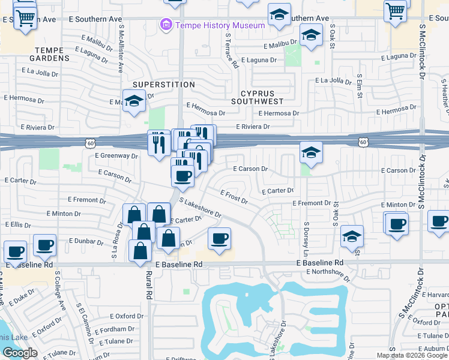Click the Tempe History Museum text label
tap(220, 25)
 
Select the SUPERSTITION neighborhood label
tap(155, 85)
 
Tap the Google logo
tap(20, 353)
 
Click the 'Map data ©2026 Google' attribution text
tap(411, 355)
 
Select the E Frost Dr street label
tap(234, 197)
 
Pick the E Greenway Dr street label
tap(116, 155)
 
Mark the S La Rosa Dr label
tap(116, 242)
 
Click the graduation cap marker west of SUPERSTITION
tap(134, 101)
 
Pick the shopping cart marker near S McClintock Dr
tap(396, 10)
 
